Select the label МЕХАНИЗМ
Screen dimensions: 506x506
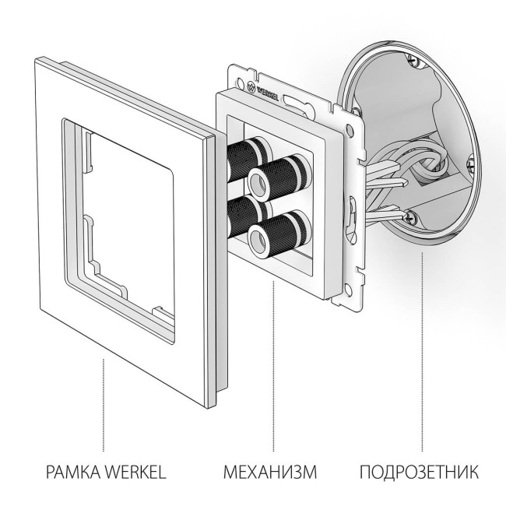[x=270, y=472]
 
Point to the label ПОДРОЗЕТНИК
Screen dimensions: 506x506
[x=419, y=472]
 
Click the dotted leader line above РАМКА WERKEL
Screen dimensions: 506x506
[x=103, y=405]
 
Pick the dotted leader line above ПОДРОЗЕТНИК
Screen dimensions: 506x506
[x=422, y=350]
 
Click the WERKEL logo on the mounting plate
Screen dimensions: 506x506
[x=268, y=88]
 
